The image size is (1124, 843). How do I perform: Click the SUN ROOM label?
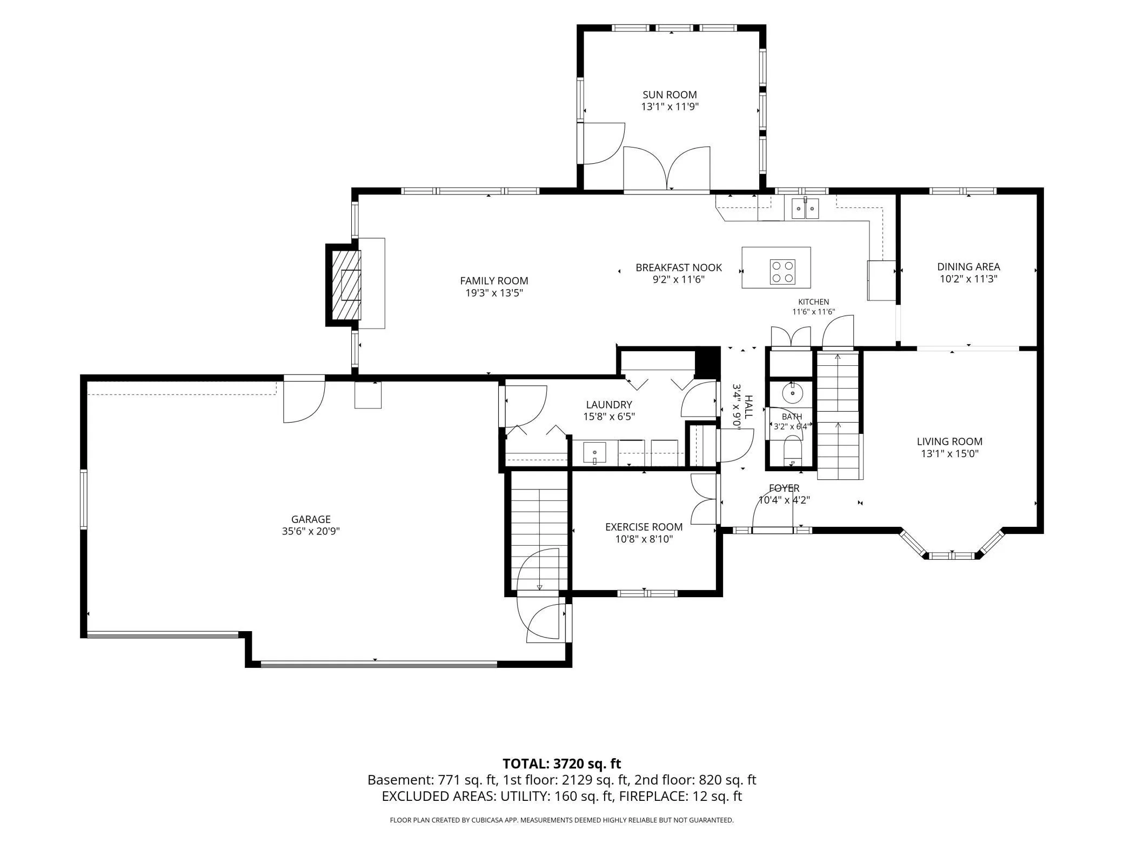[x=670, y=95]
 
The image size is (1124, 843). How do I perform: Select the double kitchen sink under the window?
[x=805, y=208]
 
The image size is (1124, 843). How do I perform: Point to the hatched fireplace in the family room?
[x=343, y=285]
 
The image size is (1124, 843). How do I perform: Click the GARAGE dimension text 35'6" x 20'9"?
[x=311, y=531]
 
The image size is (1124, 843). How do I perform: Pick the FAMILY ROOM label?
[x=494, y=280]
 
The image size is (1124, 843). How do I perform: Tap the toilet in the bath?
[x=793, y=452]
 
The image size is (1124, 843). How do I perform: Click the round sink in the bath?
[x=793, y=393]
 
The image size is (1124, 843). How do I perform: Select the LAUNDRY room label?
[x=609, y=405]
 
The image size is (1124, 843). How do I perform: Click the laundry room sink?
[x=594, y=453]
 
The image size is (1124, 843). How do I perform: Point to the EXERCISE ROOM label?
[x=644, y=527]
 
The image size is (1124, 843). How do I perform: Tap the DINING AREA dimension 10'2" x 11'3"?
[x=968, y=279]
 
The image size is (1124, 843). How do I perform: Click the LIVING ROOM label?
[x=949, y=441]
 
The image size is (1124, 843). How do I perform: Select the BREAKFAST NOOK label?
[x=679, y=267]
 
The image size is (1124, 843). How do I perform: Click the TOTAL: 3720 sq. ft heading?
[x=561, y=764]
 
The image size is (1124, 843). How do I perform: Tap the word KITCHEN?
[x=814, y=302]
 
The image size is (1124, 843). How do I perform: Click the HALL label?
[x=748, y=406]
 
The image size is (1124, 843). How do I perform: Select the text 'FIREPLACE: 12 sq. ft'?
[x=680, y=796]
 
